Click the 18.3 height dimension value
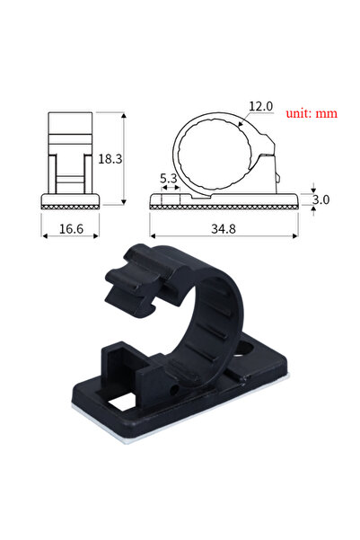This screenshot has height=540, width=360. pyautogui.click(x=110, y=158)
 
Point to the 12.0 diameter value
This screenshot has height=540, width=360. pyautogui.click(x=260, y=107)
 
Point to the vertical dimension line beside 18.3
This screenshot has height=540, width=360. pyautogui.click(x=123, y=160)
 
